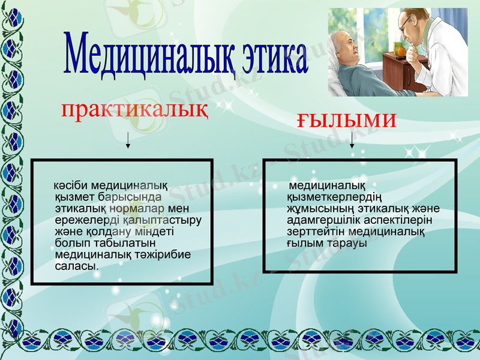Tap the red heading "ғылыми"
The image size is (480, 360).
[347, 120]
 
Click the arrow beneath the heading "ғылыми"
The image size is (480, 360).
[352, 139]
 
